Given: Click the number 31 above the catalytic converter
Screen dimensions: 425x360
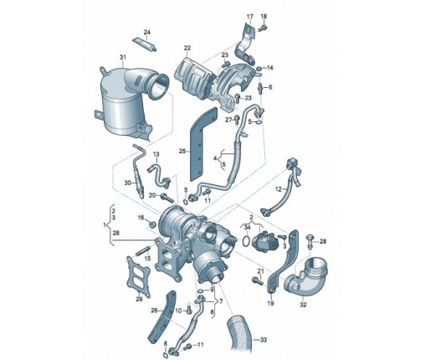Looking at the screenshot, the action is [123, 57].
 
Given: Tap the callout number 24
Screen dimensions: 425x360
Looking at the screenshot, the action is [147, 33].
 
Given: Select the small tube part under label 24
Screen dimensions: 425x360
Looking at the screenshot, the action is [145, 44].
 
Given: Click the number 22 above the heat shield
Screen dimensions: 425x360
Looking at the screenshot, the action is [187, 48].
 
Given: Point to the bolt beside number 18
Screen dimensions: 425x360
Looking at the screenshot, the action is [263, 28].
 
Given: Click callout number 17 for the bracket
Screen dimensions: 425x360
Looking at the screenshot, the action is [249, 17].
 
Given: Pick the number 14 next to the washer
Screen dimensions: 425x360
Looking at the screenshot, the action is [270, 68].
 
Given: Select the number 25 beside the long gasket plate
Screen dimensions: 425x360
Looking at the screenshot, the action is [182, 151].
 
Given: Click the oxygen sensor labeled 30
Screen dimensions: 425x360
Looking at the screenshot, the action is [139, 172].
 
